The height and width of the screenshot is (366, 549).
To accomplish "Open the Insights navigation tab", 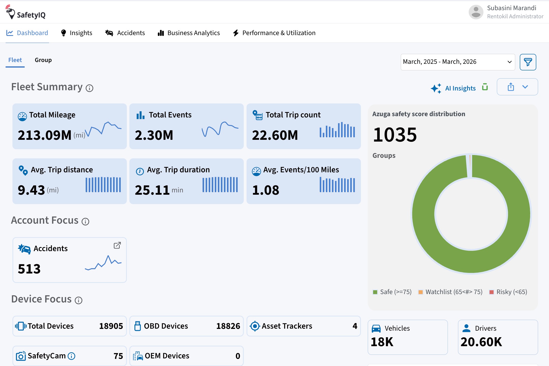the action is (77, 33).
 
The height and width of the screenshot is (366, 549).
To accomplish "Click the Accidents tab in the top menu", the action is (125, 33).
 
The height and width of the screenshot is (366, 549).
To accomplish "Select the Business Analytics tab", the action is (189, 33).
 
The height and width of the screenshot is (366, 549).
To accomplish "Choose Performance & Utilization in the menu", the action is (274, 33).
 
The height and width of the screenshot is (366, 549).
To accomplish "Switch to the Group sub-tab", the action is (43, 60).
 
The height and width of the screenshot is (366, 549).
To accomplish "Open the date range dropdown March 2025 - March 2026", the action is (458, 62).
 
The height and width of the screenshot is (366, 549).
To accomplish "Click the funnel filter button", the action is (528, 62).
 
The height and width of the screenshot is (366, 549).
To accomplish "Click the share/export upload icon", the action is (511, 87).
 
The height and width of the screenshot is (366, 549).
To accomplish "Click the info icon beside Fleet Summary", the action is (89, 88).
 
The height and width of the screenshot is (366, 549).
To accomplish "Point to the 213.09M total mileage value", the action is (44, 135).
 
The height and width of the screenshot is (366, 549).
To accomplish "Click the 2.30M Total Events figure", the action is (154, 135).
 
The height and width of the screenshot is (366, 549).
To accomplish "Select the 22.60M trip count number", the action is (275, 135).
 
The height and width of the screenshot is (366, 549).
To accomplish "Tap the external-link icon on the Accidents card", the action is (117, 245).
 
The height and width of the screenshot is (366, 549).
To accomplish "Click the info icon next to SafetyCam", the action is (71, 356).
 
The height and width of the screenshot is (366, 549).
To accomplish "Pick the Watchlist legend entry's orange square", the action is (421, 292).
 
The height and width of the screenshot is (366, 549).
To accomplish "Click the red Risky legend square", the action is (492, 292).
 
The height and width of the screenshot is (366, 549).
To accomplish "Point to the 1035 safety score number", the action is (395, 134).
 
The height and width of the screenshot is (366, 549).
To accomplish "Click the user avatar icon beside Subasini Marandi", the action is (476, 12).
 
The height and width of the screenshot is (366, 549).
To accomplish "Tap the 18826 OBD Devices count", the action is (228, 326).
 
